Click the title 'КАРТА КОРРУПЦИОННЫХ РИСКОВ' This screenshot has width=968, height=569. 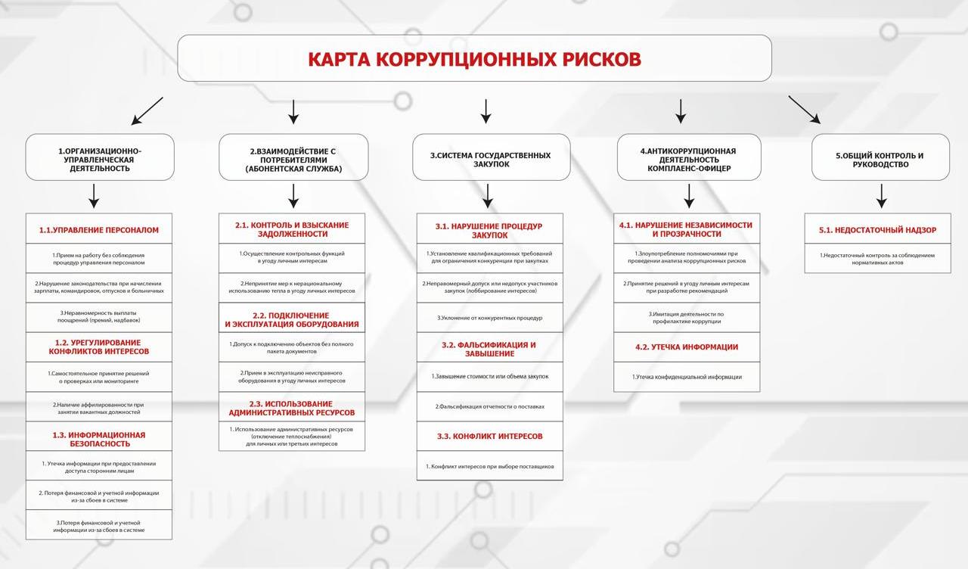pyautogui.click(x=474, y=59)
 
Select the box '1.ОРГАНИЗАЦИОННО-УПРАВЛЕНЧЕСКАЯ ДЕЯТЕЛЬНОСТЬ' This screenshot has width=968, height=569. pyautogui.click(x=100, y=159)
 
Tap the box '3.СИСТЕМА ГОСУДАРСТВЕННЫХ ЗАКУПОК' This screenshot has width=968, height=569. pyautogui.click(x=491, y=159)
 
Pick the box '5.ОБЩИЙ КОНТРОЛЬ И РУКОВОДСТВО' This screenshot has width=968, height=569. pyautogui.click(x=880, y=159)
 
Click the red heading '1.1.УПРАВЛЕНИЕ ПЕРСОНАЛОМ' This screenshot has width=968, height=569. pyautogui.click(x=99, y=229)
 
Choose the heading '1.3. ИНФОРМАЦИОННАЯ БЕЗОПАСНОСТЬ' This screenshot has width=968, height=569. pyautogui.click(x=99, y=439)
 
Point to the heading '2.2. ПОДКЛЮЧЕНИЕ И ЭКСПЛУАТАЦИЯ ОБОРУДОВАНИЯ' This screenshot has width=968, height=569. pyautogui.click(x=292, y=319)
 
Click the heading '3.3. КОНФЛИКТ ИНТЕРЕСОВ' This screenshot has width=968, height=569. pyautogui.click(x=489, y=437)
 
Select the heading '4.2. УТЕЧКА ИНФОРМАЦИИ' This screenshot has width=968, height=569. pyautogui.click(x=687, y=347)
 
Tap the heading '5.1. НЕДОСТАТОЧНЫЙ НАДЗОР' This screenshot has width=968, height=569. pyautogui.click(x=877, y=230)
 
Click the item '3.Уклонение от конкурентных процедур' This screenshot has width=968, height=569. pyautogui.click(x=489, y=318)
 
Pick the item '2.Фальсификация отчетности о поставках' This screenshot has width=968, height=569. pyautogui.click(x=489, y=407)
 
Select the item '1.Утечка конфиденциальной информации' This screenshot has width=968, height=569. pyautogui.click(x=687, y=377)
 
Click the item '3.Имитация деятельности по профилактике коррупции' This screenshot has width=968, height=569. pyautogui.click(x=687, y=317)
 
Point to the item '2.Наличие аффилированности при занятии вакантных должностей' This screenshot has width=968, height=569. pyautogui.click(x=99, y=408)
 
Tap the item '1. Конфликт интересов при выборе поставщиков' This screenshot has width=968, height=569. pyautogui.click(x=489, y=466)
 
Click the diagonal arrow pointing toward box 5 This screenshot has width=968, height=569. pyautogui.click(x=804, y=109)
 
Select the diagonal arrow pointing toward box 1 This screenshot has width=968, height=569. pyautogui.click(x=147, y=110)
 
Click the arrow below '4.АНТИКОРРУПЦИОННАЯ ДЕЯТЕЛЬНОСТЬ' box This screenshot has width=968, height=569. pyautogui.click(x=689, y=196)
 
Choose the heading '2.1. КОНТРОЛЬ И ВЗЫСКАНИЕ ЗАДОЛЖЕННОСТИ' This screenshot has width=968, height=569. pyautogui.click(x=292, y=229)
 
